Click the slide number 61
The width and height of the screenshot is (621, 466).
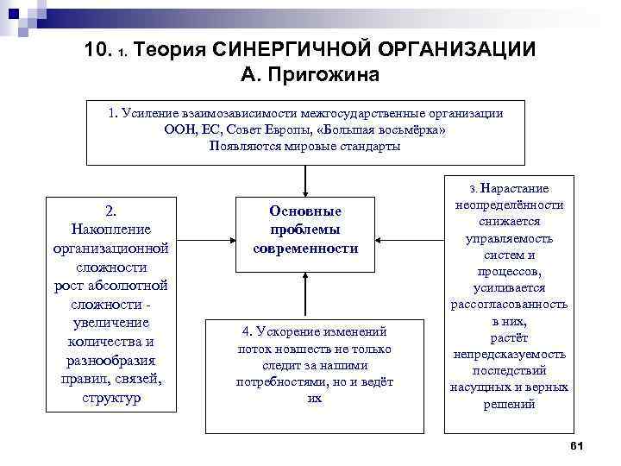[x=578, y=444]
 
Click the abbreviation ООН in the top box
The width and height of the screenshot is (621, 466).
[x=179, y=129]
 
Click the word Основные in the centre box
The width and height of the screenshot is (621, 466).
[x=305, y=211]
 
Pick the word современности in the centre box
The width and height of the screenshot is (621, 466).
[x=305, y=249]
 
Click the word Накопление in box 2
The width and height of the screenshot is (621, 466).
[x=110, y=229]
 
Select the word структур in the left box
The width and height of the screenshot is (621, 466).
[x=110, y=399]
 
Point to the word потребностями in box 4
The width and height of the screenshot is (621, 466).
[x=280, y=381]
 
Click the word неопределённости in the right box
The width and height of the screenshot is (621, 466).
[x=508, y=205]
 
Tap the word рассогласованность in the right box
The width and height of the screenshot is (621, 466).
[x=508, y=304]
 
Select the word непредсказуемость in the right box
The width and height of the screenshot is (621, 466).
[x=508, y=354]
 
